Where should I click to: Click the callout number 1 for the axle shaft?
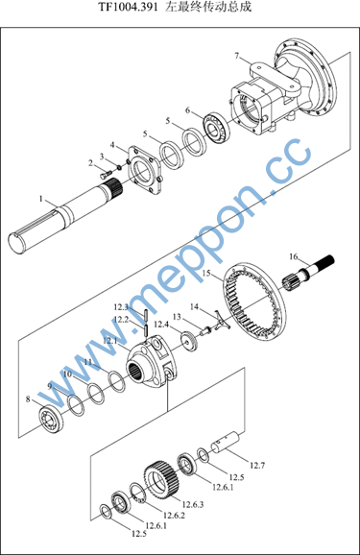point(41,200)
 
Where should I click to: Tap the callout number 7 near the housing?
point(237,56)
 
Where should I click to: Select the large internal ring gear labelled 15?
point(253,303)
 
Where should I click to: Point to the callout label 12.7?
point(257,465)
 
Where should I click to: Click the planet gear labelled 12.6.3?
point(160,479)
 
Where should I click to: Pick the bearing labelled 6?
point(216,128)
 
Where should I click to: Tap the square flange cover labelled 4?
point(146,170)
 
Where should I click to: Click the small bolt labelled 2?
point(106,174)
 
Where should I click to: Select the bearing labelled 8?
point(51,420)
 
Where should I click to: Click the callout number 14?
point(194,307)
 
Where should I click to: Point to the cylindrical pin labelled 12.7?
point(226,442)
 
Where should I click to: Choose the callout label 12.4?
point(161,325)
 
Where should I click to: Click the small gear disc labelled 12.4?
point(189,341)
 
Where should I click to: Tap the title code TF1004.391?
point(128,8)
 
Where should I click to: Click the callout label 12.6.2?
point(174,515)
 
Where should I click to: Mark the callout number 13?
point(177,317)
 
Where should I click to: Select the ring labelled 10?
point(96,394)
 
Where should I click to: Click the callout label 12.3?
point(121,307)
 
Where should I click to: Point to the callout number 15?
point(206,274)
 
